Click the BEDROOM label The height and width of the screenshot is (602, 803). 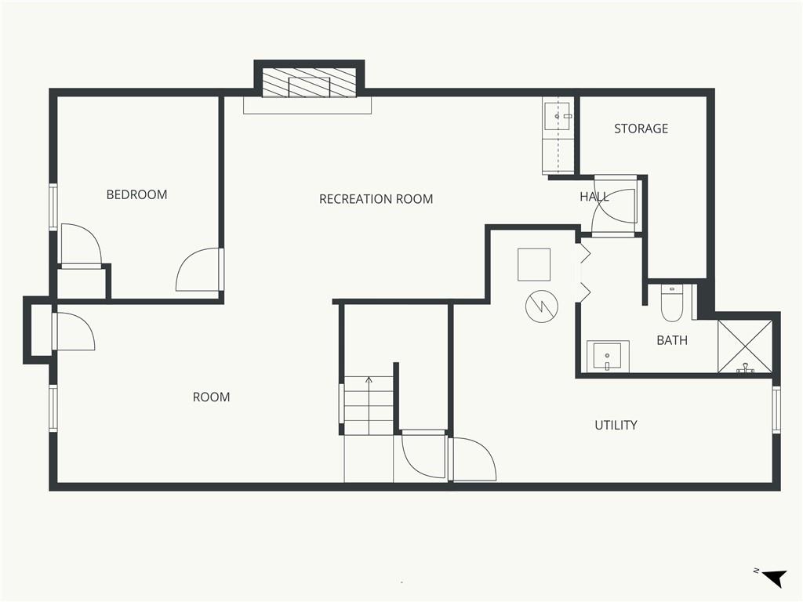pyautogui.click(x=136, y=194)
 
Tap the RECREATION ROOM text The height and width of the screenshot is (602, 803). pyautogui.click(x=376, y=198)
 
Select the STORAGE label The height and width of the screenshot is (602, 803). pyautogui.click(x=641, y=129)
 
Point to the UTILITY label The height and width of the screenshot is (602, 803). pyautogui.click(x=616, y=425)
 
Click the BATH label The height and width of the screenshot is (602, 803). pyautogui.click(x=672, y=340)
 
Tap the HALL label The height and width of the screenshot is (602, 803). pyautogui.click(x=594, y=197)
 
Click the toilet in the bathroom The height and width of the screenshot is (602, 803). pyautogui.click(x=671, y=303)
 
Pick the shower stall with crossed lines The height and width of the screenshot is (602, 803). pyautogui.click(x=745, y=346)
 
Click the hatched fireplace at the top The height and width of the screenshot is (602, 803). pyautogui.click(x=309, y=82)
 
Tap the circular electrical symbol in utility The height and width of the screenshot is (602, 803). pyautogui.click(x=542, y=306)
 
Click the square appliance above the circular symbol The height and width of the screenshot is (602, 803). pyautogui.click(x=533, y=265)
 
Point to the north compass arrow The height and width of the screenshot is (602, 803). pyautogui.click(x=774, y=578)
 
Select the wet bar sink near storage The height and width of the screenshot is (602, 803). pyautogui.click(x=558, y=116)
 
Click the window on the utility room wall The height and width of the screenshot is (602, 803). pyautogui.click(x=776, y=409)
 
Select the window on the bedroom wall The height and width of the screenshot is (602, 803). pyautogui.click(x=53, y=207)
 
